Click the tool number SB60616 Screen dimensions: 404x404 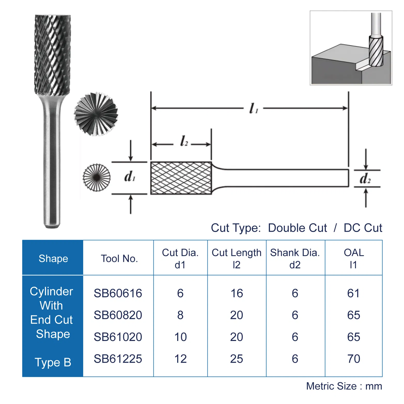click(x=118, y=293)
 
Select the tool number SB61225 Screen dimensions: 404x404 click(x=118, y=359)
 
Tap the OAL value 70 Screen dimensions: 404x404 click(x=353, y=359)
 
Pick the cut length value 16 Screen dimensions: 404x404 click(x=237, y=293)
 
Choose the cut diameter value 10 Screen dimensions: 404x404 click(x=180, y=337)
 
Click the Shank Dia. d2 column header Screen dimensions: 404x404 click(x=295, y=259)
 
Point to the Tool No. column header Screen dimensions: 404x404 click(x=119, y=259)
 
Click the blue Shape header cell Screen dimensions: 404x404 click(x=53, y=259)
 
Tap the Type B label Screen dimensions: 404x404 click(x=53, y=362)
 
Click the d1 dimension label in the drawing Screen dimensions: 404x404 click(x=130, y=177)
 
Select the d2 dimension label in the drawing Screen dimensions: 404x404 click(x=365, y=178)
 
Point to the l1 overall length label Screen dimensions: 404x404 click(x=253, y=108)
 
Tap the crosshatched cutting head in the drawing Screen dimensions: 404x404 click(x=181, y=178)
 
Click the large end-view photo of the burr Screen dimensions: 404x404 click(x=96, y=114)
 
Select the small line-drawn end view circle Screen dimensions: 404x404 click(x=96, y=177)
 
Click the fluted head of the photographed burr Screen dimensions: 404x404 click(x=52, y=54)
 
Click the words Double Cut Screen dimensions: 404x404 click(x=297, y=228)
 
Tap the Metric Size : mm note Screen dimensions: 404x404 click(x=344, y=386)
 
